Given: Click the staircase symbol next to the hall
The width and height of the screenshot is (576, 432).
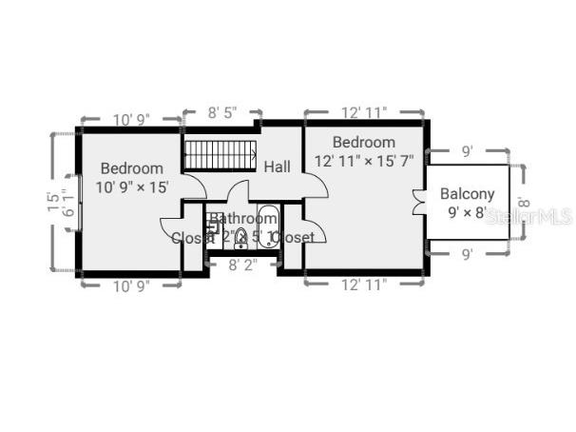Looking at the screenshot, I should pos(221,154).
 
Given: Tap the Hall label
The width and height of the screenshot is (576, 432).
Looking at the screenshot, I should pos(278,167).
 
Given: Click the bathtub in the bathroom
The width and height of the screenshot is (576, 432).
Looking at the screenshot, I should pos(267,227).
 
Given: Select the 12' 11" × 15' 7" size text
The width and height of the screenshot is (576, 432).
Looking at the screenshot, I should pos(364,161).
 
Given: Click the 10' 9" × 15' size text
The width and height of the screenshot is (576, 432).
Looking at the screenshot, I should pos(132,187).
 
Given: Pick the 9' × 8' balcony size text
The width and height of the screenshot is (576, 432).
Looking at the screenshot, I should pos(467,212).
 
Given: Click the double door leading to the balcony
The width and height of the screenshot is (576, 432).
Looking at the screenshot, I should pos(419,203).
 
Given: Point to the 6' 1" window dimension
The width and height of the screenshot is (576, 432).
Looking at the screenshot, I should pos(66,202).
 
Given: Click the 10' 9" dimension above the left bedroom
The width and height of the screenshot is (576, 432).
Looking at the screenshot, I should pos(132,120).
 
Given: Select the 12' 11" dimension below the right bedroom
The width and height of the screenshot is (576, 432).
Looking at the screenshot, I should pos(363,284).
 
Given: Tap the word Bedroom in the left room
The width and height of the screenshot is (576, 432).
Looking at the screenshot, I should pos(132,168).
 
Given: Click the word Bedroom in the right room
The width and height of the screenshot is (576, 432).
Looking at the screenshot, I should pos(363,142).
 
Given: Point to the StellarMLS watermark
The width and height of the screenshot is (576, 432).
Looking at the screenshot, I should pos(528,217).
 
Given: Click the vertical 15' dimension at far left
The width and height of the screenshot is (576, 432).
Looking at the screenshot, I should pos(52,202).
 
